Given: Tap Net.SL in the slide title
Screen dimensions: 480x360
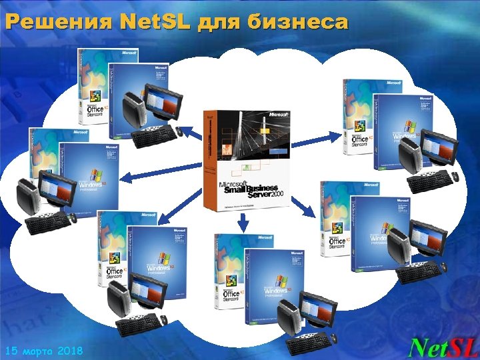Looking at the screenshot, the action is click(147, 23).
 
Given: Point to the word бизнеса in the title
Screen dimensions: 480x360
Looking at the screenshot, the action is click(298, 23).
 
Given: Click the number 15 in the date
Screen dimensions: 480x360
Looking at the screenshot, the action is click(13, 350).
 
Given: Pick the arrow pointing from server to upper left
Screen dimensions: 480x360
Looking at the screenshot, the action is click(191, 133).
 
